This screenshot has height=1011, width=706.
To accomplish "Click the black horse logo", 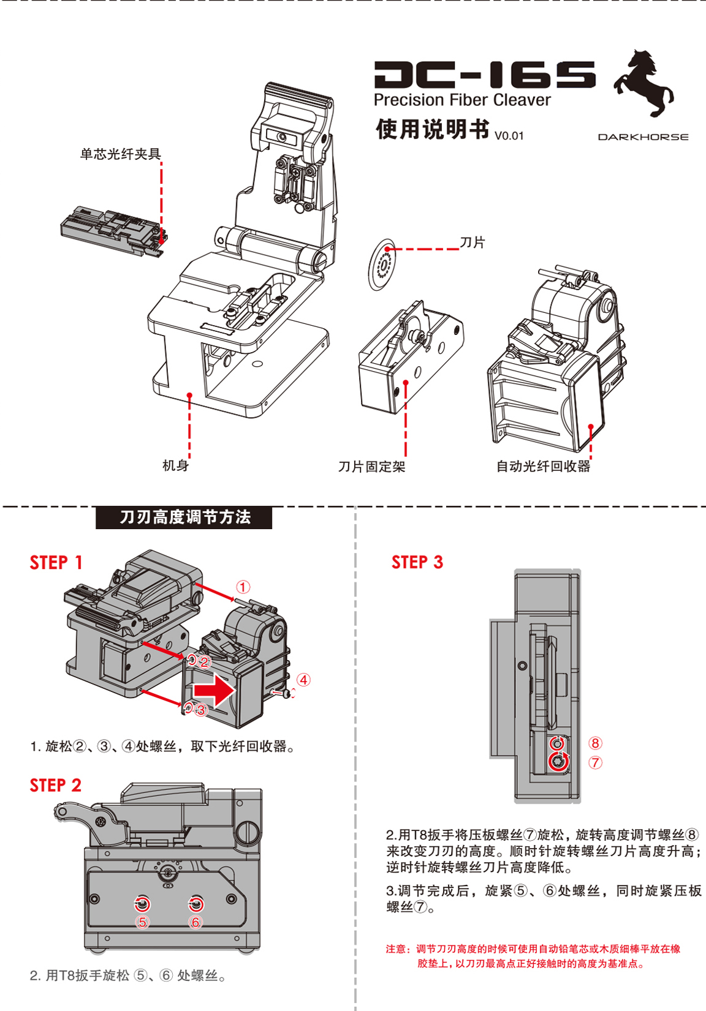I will [x=643, y=83].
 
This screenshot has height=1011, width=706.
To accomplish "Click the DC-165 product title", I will [x=484, y=75].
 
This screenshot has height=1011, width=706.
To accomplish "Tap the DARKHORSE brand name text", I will [x=643, y=137].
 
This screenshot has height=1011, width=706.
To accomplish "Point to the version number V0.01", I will [x=509, y=136].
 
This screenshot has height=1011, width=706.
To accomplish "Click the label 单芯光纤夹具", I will [x=120, y=154].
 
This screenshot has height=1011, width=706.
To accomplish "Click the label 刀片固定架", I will [x=371, y=467].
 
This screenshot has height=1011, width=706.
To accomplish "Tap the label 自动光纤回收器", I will [x=543, y=467].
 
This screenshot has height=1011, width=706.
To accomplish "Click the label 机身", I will [x=175, y=466].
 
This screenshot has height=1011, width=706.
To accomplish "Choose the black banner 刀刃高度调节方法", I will [x=184, y=517].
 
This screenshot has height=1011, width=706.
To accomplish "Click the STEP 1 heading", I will [x=56, y=563].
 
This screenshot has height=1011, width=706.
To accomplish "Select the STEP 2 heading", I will [x=55, y=786].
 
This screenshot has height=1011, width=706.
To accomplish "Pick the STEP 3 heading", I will [x=417, y=562].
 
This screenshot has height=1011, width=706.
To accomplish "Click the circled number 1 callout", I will [x=243, y=587].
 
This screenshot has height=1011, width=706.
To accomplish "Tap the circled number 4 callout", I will [x=303, y=680].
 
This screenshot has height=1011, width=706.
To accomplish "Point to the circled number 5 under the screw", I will [x=142, y=922].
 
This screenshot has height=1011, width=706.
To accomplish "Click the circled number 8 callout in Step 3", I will [x=595, y=743].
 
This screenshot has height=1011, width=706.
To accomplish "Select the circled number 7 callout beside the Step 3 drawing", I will [x=595, y=762].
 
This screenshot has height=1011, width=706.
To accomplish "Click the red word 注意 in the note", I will [x=397, y=949].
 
